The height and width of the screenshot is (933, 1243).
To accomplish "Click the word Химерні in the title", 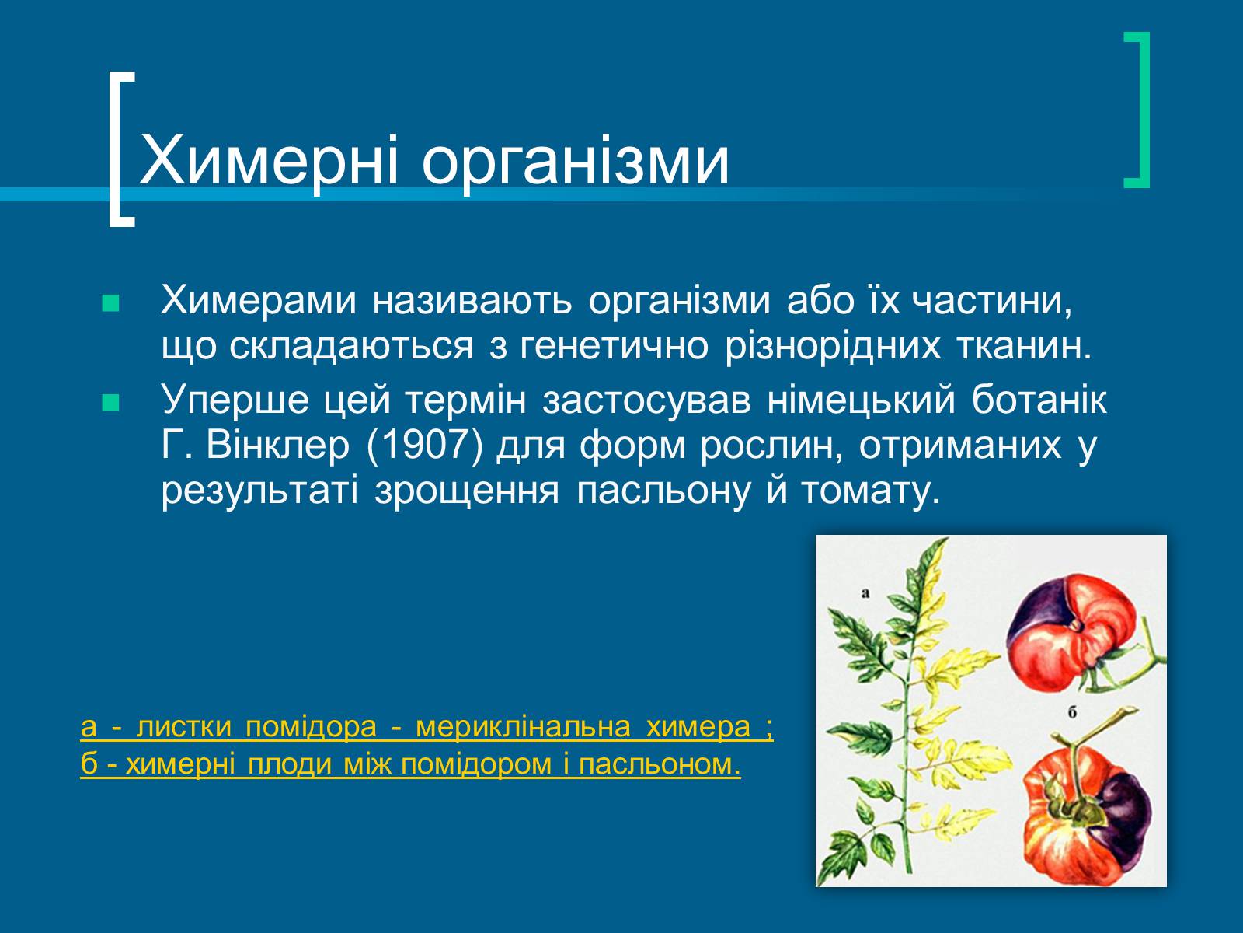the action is click(x=269, y=161).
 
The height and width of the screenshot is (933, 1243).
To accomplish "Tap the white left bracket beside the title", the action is click(x=122, y=149).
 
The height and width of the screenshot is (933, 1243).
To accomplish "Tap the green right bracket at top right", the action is click(x=1137, y=110).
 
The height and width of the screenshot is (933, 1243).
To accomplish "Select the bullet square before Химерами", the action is click(x=111, y=304).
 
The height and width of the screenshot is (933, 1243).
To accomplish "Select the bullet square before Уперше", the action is click(x=111, y=403).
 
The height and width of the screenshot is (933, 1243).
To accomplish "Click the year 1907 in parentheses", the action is click(x=425, y=446).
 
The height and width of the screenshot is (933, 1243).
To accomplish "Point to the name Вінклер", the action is click(x=278, y=446).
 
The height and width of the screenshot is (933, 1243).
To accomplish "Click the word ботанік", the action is click(x=1039, y=400).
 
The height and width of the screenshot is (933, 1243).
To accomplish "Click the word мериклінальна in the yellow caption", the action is click(x=524, y=727).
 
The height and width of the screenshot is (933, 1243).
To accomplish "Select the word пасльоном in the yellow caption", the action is click(x=660, y=765).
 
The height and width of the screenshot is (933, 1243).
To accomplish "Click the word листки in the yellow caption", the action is click(x=184, y=727).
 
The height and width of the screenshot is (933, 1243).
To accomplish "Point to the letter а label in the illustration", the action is click(x=865, y=594).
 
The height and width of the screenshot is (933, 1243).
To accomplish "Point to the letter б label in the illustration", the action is click(x=1072, y=712).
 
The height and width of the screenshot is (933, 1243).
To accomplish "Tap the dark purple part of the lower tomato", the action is click(x=1123, y=810).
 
